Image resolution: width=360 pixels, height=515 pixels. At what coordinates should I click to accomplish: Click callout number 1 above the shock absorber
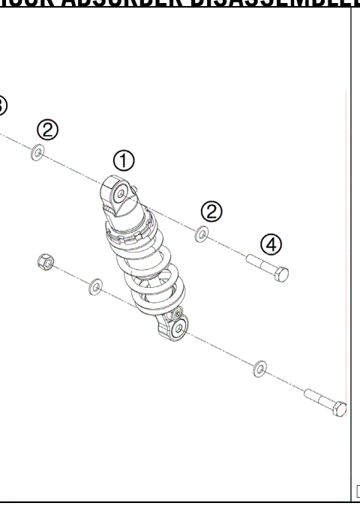[124, 160]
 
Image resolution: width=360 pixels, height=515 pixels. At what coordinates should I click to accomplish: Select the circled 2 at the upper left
[48, 130]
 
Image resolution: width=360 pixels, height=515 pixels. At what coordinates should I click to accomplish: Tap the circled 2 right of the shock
[212, 211]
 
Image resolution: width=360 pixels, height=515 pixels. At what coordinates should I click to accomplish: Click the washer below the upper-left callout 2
[37, 153]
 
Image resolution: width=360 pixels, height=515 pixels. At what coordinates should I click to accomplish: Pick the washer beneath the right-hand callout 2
[202, 235]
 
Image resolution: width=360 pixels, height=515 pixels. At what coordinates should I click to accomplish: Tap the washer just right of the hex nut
[96, 286]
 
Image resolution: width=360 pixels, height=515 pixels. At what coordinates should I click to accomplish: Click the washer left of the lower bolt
[259, 367]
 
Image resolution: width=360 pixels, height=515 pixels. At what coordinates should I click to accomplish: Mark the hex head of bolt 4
[281, 273]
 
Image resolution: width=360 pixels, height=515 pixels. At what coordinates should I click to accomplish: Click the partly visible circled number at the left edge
[2, 105]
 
